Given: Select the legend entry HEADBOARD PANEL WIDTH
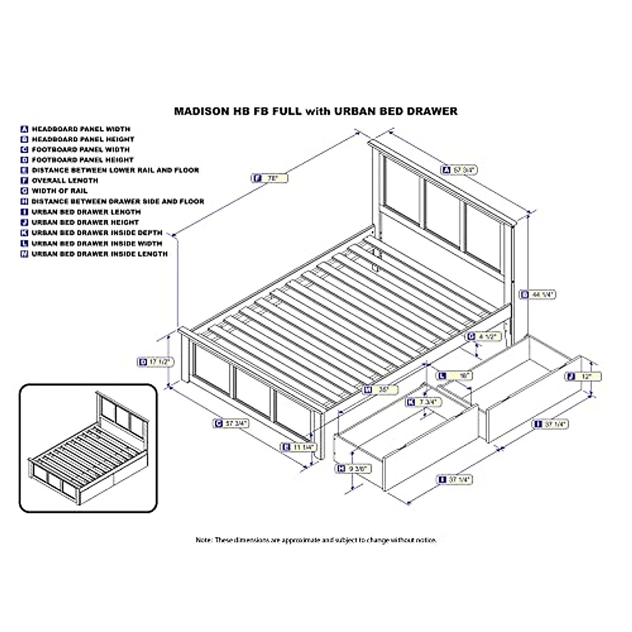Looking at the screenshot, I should coord(81,129).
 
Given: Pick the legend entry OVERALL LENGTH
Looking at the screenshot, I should coord(65,180).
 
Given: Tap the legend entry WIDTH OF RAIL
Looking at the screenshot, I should coord(60,191).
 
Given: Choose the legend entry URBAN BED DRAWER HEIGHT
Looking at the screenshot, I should coord(85,222).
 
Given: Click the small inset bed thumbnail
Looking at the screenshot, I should coord(88,448).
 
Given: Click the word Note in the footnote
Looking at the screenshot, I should coord(204,540).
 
